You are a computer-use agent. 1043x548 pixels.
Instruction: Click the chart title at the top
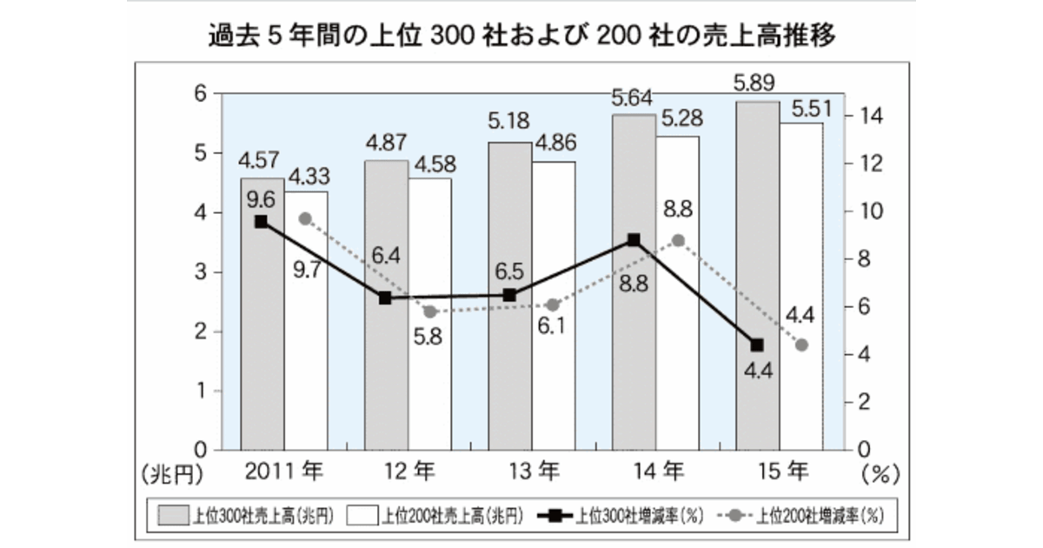(521, 36)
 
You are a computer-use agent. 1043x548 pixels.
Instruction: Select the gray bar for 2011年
(262, 348)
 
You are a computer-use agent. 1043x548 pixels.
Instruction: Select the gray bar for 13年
(509, 365)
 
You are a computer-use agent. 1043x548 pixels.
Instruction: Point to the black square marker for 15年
(756, 345)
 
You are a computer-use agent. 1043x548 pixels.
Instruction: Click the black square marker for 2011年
(261, 222)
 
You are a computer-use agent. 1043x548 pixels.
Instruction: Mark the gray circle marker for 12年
(429, 311)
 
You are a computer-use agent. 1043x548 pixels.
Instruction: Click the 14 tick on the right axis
(870, 117)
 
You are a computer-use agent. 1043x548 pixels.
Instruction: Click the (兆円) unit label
(171, 475)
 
